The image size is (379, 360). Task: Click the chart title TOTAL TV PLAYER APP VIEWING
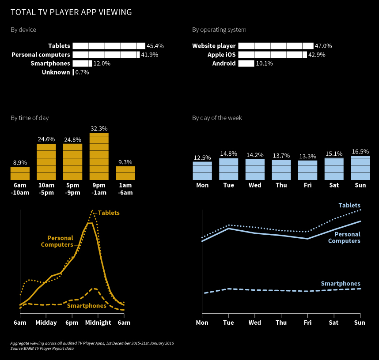coord(71,12)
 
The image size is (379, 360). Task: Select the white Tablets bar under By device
coord(109,46)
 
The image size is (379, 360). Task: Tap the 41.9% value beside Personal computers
coord(150,55)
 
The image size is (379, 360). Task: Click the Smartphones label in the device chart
coord(50,64)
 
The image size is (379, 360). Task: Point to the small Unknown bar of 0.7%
coord(73,72)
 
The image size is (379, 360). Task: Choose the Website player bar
coord(276,46)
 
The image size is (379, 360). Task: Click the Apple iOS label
coord(222,55)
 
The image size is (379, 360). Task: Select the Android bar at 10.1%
coord(246,64)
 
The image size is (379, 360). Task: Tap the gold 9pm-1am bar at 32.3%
coord(99,156)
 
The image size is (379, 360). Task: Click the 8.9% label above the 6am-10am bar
coord(20,162)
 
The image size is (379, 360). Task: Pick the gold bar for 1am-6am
coord(125,173)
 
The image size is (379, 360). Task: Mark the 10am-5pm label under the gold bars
coord(46,189)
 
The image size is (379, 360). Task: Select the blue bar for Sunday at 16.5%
coord(360,168)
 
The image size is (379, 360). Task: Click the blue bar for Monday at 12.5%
coord(202,170)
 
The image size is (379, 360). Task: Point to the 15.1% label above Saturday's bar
coord(334,154)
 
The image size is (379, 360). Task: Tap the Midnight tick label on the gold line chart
coord(99,322)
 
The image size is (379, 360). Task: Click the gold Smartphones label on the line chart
coord(87,306)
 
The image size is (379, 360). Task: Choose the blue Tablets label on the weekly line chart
coord(349,205)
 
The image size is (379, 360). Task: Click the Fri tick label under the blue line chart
coord(308,322)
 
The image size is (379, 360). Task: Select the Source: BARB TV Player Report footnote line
coord(42,349)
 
